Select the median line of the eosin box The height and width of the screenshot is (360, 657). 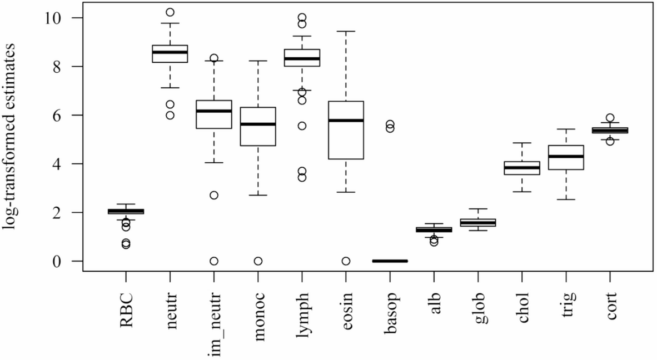(346, 120)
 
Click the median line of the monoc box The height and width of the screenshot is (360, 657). (258, 124)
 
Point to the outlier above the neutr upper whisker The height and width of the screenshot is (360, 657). (170, 12)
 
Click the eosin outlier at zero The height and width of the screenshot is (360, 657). (346, 261)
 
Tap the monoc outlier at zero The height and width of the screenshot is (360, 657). (258, 261)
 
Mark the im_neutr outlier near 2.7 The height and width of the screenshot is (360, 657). (214, 195)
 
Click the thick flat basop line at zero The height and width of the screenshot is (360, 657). (390, 261)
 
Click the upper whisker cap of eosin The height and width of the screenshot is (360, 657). (346, 32)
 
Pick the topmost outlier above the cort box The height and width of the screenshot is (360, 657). (610, 118)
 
